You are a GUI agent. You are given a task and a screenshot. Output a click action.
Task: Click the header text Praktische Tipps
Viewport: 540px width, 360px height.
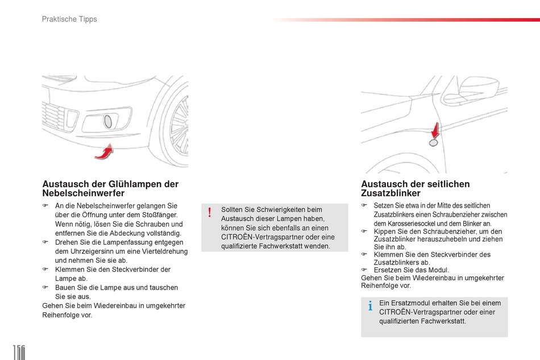click(x=69, y=19)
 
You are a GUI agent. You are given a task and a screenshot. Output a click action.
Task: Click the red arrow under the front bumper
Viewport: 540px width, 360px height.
click(x=102, y=152)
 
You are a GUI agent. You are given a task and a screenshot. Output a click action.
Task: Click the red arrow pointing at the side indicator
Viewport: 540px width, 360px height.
click(x=435, y=130)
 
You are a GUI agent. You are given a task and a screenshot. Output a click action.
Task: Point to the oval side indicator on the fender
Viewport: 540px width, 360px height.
click(x=433, y=143)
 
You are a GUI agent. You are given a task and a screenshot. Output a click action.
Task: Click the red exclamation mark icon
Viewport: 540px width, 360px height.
click(x=209, y=213)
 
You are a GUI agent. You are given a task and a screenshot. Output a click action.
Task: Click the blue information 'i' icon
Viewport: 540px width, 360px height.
click(x=370, y=307)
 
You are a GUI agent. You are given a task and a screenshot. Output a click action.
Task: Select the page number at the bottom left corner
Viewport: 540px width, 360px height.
click(x=17, y=351)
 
